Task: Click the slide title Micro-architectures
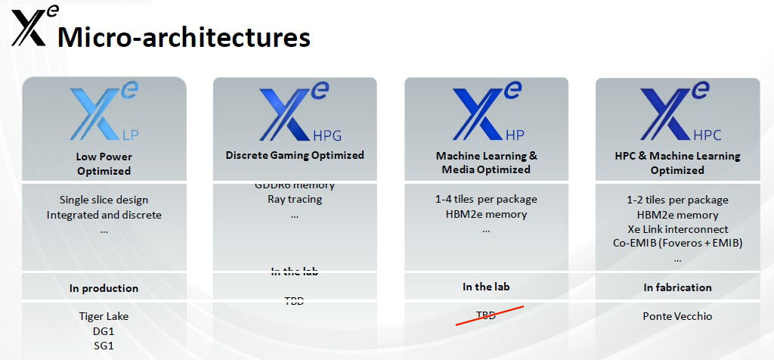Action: pos(184,37)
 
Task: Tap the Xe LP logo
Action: pos(104,115)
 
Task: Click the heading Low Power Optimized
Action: pos(104,164)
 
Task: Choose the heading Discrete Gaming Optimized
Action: pos(295,155)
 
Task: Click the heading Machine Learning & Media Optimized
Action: pos(486,163)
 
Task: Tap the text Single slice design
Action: pos(104,200)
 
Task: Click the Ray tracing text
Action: pos(295,200)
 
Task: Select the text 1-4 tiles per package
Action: pos(486,200)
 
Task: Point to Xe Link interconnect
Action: pos(677,229)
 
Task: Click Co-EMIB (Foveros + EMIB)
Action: pos(677,243)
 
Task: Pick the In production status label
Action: pos(104,288)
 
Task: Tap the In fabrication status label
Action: pos(677,287)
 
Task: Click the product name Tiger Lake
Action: pos(104,317)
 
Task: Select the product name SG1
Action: pos(104,346)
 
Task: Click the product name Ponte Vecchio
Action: pos(677,316)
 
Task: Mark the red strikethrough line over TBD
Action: pos(489,315)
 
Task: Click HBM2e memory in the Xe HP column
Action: pos(486,214)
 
